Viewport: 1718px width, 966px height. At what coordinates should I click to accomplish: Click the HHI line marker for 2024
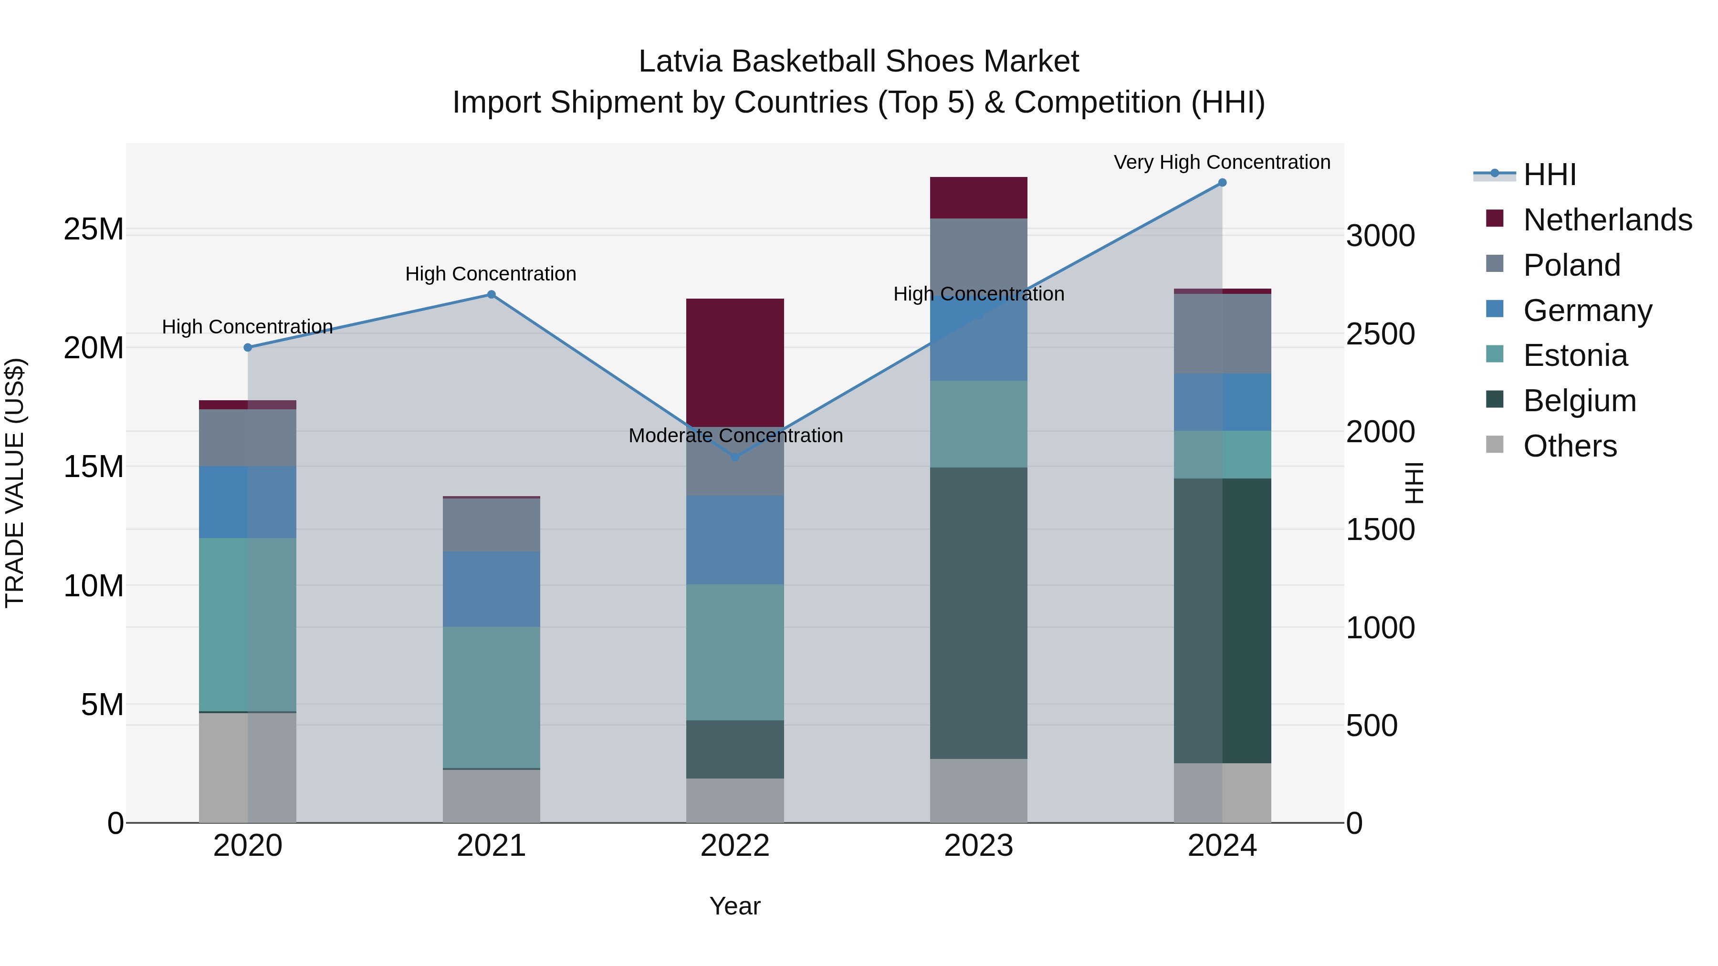pyautogui.click(x=1222, y=183)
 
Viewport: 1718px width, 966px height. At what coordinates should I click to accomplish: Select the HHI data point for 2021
pyautogui.click(x=491, y=295)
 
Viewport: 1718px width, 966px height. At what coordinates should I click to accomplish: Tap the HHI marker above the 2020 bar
pyautogui.click(x=247, y=347)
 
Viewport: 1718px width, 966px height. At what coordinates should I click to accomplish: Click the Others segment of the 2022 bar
pyautogui.click(x=735, y=800)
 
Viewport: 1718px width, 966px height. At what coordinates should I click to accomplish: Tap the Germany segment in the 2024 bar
pyautogui.click(x=1222, y=402)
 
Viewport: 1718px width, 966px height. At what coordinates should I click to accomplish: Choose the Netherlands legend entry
pyautogui.click(x=1607, y=220)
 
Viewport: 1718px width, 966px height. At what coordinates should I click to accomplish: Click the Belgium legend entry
pyautogui.click(x=1579, y=401)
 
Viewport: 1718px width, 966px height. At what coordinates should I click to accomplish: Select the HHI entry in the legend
pyautogui.click(x=1549, y=175)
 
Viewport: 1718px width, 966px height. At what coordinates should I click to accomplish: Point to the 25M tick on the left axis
pyautogui.click(x=94, y=229)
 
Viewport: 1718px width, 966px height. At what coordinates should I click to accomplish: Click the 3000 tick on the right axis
pyautogui.click(x=1380, y=236)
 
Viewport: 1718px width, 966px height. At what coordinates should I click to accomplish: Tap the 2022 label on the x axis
pyautogui.click(x=735, y=846)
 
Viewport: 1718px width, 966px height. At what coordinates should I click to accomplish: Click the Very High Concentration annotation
pyautogui.click(x=1222, y=163)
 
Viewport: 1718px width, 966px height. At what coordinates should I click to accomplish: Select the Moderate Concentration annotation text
pyautogui.click(x=735, y=436)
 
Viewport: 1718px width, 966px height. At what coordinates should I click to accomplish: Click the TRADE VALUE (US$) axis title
pyautogui.click(x=15, y=483)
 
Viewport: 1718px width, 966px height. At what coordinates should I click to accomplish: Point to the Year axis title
pyautogui.click(x=735, y=906)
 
